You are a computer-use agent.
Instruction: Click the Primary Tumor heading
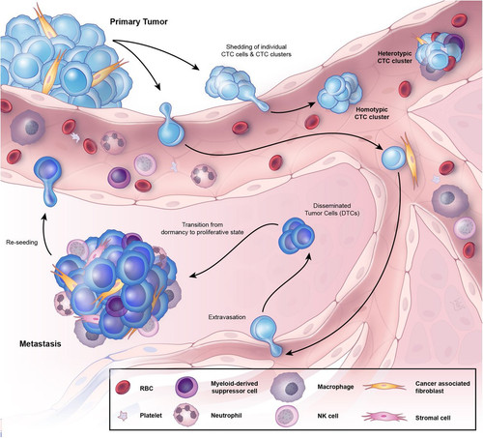tap(139, 22)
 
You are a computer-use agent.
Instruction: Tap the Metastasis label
tap(41, 344)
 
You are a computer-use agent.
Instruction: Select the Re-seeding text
tap(22, 242)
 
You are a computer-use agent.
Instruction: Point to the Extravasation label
tap(227, 317)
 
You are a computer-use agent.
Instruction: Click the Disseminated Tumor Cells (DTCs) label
tap(332, 209)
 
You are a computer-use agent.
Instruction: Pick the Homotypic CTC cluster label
tap(372, 113)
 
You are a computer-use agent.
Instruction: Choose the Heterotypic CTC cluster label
tap(394, 57)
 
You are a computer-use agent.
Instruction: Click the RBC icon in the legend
tap(123, 388)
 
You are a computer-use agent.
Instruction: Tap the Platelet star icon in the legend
tap(123, 416)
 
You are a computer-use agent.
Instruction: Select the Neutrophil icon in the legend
tap(185, 415)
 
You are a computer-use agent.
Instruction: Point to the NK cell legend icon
tap(287, 416)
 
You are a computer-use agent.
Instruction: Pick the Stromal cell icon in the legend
tap(384, 416)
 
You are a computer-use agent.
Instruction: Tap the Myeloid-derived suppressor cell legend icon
tap(187, 386)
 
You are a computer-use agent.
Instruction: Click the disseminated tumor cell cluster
tap(297, 235)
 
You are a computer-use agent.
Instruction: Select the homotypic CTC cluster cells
tap(340, 93)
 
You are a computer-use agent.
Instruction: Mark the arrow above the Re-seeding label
tap(46, 234)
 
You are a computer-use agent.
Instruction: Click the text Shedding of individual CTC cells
tap(256, 50)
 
